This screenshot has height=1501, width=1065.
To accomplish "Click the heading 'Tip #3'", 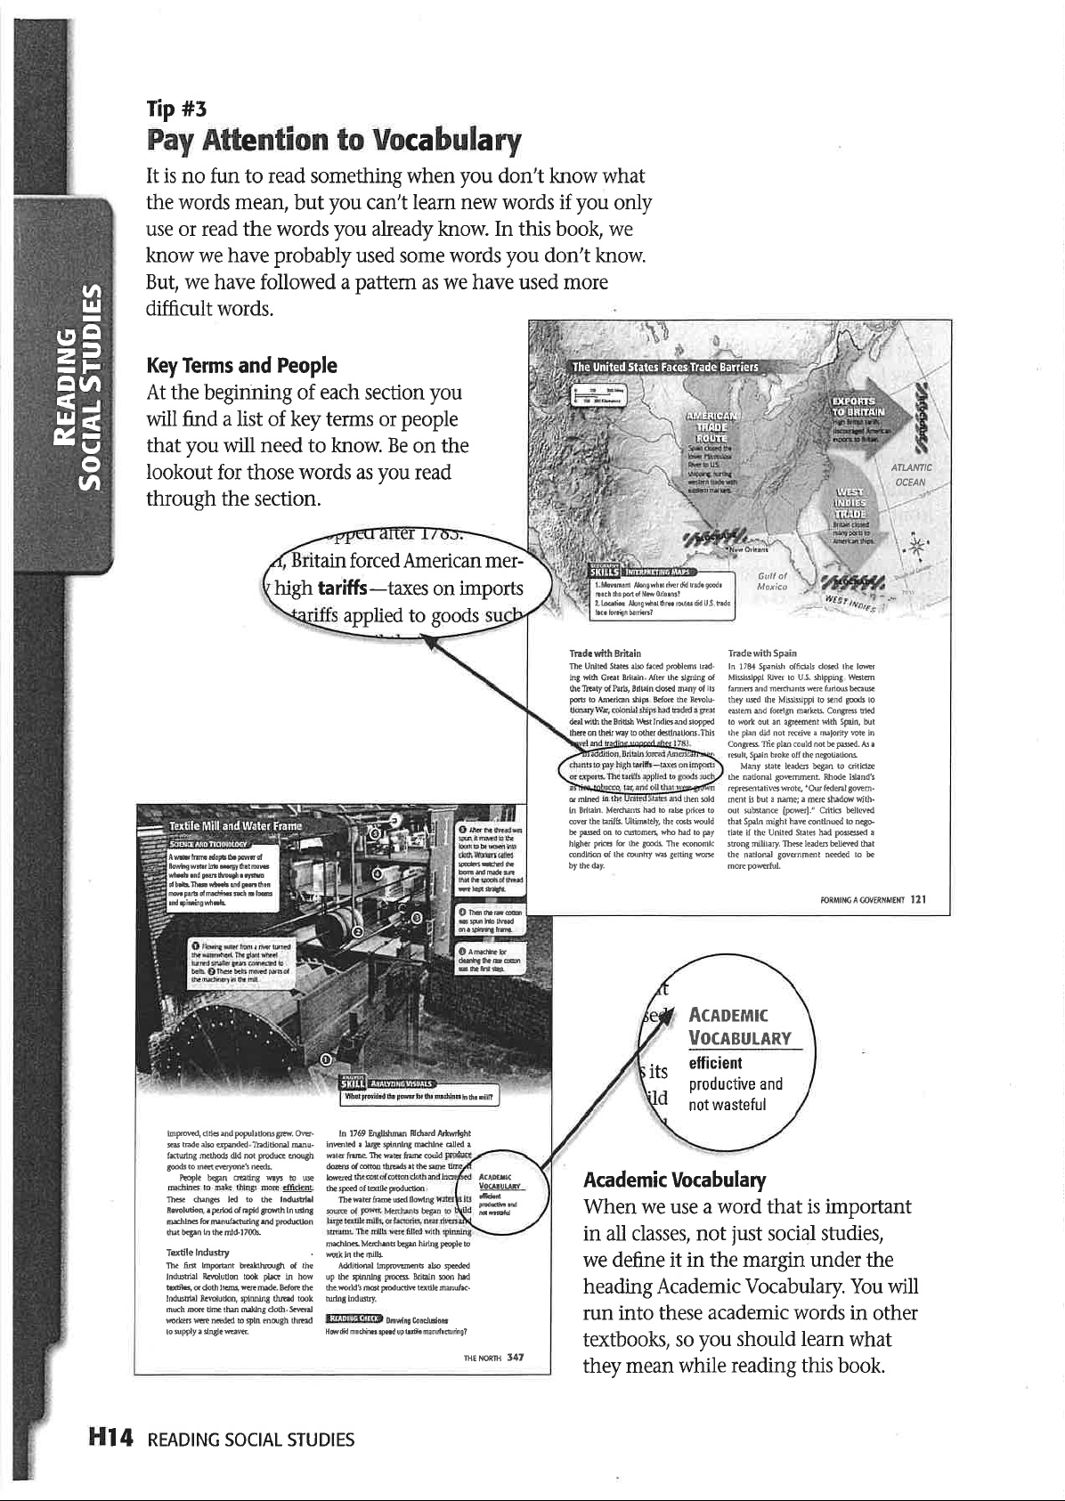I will [x=176, y=109].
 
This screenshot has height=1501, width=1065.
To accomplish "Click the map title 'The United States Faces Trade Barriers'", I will [x=664, y=368].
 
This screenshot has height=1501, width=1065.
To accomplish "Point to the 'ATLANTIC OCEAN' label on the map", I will [x=909, y=475].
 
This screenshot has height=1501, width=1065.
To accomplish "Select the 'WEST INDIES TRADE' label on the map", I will [x=852, y=507].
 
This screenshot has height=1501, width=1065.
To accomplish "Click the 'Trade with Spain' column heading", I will [x=762, y=653].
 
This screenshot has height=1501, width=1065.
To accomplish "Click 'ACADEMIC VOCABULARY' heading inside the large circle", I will [x=740, y=1026].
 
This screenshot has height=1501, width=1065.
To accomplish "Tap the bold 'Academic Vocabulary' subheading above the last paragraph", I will [x=674, y=1181].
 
